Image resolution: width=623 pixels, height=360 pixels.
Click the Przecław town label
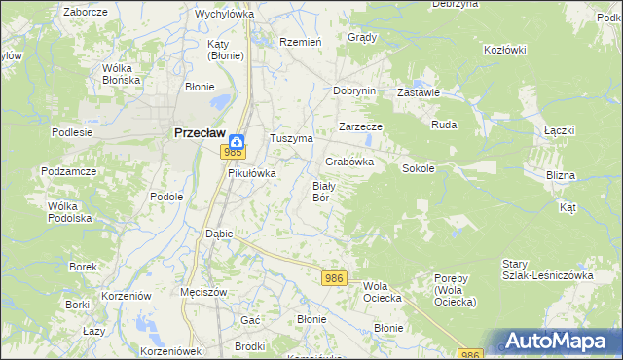point(200,135)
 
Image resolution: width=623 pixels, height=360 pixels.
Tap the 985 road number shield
point(233,152)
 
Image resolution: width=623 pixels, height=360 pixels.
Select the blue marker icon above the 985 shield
point(236,138)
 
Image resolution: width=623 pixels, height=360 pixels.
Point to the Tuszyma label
point(290,138)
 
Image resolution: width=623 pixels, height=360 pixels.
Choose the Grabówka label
point(349,162)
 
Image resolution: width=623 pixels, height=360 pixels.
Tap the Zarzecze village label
point(360,127)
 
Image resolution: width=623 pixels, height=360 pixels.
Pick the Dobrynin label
point(353,90)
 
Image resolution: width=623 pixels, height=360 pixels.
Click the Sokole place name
point(418,168)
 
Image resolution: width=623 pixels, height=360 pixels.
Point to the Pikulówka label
point(252,173)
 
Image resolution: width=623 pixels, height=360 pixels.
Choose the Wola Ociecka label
point(383,292)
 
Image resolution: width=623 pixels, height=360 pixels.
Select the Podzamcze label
point(67,170)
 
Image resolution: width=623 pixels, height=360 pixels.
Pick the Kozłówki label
point(504,50)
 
